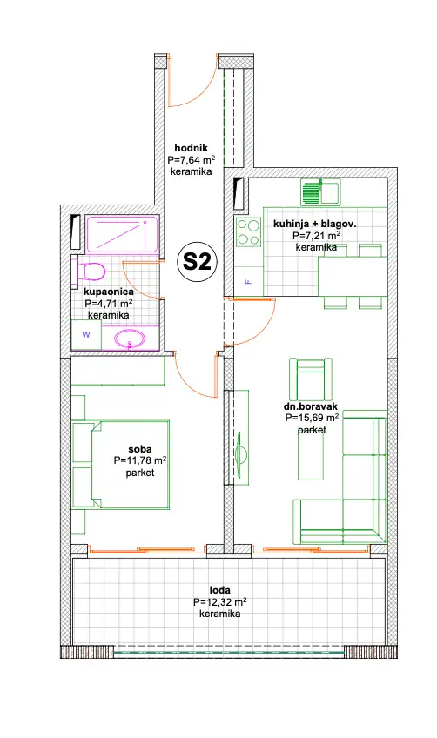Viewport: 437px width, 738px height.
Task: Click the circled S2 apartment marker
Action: (197, 263)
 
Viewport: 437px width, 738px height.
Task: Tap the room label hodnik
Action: (192, 148)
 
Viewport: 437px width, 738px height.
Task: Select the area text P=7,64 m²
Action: (192, 159)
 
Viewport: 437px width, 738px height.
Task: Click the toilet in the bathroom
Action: (91, 272)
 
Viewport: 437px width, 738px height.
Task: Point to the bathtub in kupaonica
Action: (122, 234)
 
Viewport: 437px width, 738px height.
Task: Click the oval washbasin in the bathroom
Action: (131, 339)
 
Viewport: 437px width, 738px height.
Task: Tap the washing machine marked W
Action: (86, 335)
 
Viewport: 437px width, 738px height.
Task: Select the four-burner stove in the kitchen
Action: (248, 231)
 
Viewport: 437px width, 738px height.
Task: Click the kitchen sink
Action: (320, 191)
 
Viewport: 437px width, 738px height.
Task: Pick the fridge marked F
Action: (248, 281)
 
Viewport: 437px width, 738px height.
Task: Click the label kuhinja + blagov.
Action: (314, 224)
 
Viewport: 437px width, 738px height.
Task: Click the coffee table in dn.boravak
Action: (311, 453)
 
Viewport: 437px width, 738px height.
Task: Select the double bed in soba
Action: (120, 465)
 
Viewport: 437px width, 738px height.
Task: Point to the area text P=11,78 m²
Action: (140, 460)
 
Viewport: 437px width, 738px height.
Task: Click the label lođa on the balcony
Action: (220, 590)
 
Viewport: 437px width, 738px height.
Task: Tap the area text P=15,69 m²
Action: (312, 418)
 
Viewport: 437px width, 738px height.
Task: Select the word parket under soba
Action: (140, 473)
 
